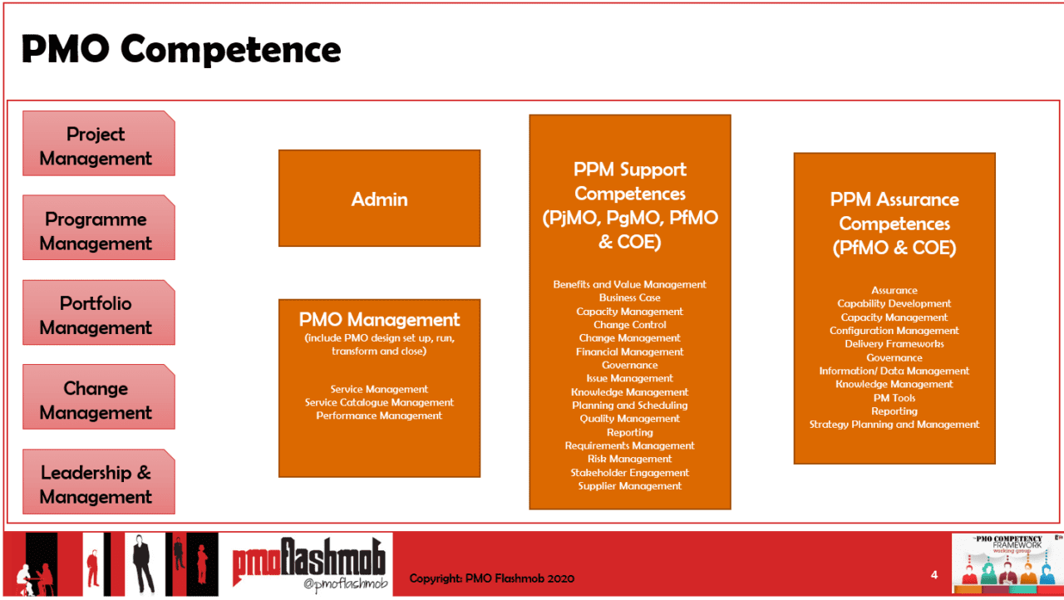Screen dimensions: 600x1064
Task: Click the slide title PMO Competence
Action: click(180, 50)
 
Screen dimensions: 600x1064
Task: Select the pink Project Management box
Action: click(98, 145)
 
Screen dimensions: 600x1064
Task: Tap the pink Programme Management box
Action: click(98, 230)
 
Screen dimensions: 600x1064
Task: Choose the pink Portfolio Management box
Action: click(98, 315)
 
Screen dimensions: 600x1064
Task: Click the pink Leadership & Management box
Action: click(98, 484)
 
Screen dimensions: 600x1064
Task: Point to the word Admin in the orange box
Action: click(379, 199)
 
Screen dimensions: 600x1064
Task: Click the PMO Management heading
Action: click(379, 320)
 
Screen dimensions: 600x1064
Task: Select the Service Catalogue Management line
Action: click(379, 402)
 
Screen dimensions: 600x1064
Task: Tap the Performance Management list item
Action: click(379, 416)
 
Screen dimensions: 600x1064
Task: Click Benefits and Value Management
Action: click(630, 284)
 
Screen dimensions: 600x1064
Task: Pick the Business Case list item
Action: click(630, 298)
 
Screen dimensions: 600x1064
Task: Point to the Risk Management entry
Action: click(630, 459)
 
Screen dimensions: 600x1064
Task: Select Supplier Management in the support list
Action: click(630, 486)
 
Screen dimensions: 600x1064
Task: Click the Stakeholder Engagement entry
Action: click(630, 473)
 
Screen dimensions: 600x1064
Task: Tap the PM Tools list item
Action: click(894, 398)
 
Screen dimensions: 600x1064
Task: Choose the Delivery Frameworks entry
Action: click(894, 344)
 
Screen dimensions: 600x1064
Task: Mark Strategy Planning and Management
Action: click(894, 425)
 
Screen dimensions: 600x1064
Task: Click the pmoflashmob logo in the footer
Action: click(310, 564)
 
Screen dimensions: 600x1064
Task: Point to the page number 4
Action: click(934, 575)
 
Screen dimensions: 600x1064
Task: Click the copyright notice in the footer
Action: click(491, 578)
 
